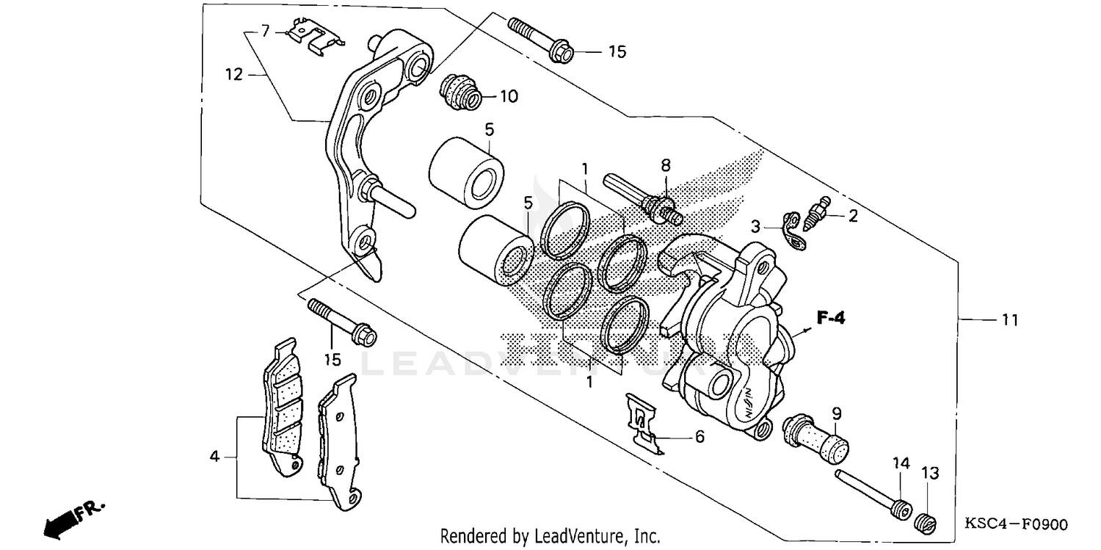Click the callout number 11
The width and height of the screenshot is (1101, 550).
point(1010,320)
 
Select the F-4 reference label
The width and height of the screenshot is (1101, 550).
point(831,318)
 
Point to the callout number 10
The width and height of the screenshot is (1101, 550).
point(509,96)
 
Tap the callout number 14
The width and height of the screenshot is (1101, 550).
point(901,463)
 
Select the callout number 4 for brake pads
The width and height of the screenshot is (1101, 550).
point(214,457)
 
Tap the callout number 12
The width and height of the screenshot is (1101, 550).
point(233,73)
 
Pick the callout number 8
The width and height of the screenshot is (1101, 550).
point(666,164)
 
